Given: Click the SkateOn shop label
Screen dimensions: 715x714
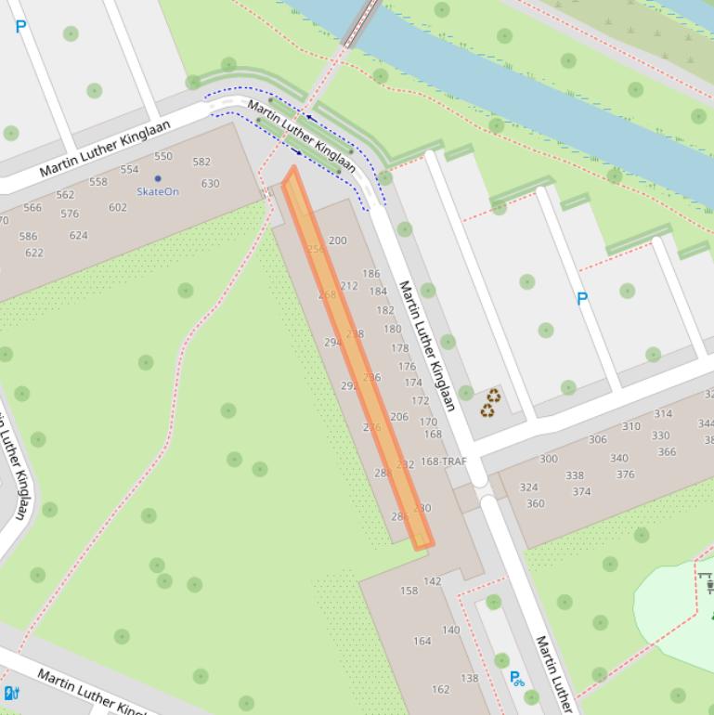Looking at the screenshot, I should point(158,192).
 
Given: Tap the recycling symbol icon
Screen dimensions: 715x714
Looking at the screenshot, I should point(490,403).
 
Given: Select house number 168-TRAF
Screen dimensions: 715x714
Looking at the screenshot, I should point(444,461).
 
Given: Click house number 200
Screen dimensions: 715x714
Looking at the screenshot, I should point(337,240).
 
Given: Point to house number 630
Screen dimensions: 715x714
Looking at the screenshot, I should point(211,184).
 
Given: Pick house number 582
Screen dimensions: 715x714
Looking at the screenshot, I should point(201,162).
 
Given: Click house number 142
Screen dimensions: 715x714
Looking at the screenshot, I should point(433,581).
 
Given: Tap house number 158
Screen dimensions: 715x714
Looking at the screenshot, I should point(409,591).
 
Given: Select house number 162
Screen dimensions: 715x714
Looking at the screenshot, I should point(440,690).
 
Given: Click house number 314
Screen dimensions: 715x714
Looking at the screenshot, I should point(663,414).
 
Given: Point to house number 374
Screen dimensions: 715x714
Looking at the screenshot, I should point(581,492).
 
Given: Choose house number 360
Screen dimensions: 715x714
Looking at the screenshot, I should point(535,504).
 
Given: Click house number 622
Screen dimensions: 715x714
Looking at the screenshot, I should point(34,253).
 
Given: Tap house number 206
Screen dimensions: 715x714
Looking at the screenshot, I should point(399,417).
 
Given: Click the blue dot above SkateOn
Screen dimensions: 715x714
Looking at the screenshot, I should point(158,178).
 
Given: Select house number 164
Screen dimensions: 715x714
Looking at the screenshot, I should point(422,641).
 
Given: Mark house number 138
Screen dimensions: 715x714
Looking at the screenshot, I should point(470,679).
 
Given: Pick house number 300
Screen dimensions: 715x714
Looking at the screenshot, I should point(549,459).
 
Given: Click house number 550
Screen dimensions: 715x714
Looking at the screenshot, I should point(163,157).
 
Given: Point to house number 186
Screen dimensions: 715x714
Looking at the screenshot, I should point(370,274).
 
